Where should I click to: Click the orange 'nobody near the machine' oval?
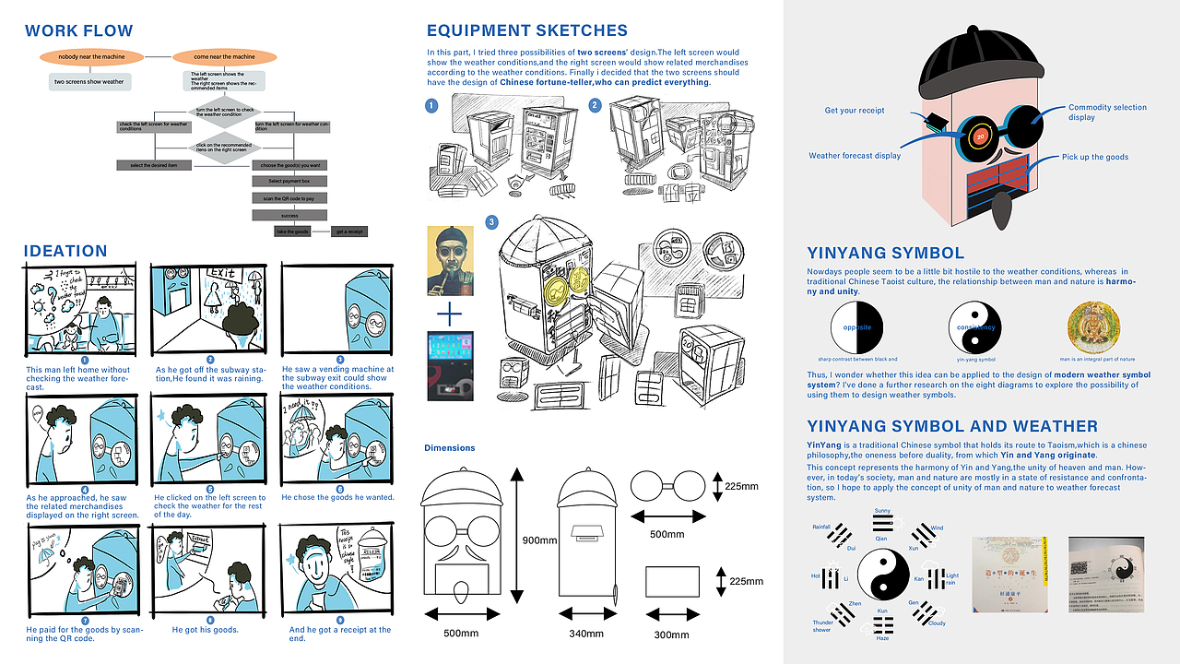[x=90, y=57]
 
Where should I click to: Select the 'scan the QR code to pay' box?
[x=289, y=198]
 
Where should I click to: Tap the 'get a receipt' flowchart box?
[x=348, y=231]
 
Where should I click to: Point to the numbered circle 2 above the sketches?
[x=595, y=105]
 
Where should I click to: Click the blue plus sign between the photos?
[x=449, y=315]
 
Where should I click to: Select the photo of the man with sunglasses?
[x=449, y=260]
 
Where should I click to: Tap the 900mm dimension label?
[x=538, y=539]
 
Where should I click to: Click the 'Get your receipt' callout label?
[x=855, y=111]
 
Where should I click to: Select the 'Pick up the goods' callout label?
[x=1095, y=157]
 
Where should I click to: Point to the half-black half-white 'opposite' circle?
[x=857, y=327]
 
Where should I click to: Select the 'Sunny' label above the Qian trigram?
[x=882, y=510]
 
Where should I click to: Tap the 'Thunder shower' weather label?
[x=822, y=627]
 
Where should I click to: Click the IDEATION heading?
[x=65, y=251]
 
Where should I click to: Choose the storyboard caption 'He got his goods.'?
[x=205, y=630]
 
